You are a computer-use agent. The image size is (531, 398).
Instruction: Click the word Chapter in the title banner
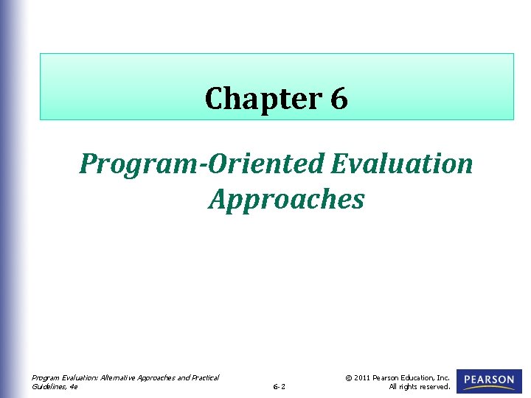[263, 99]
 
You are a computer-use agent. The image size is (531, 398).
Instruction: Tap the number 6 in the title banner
[339, 98]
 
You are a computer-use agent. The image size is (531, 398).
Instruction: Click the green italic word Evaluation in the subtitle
[402, 163]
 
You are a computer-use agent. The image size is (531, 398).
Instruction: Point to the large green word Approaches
[286, 200]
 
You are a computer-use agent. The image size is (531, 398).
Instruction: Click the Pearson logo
[489, 381]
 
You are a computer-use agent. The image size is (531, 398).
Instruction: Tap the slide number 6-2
[279, 386]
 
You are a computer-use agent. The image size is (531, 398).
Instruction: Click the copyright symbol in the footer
[349, 377]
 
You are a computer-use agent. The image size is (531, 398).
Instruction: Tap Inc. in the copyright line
[443, 377]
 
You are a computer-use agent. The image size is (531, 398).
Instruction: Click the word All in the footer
[393, 386]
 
